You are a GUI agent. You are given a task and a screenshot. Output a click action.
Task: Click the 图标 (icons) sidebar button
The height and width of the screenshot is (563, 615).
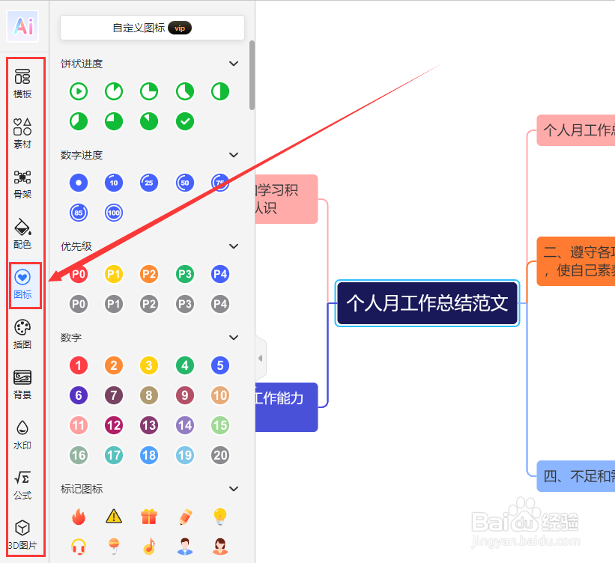coord(22,283)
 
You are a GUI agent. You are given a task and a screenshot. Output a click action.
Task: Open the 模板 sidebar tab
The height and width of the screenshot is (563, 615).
coord(22,82)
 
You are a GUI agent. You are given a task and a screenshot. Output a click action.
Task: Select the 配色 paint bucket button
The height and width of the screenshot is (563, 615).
coord(22,233)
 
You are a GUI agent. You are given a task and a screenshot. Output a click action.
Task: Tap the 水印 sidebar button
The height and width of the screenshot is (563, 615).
coord(22,433)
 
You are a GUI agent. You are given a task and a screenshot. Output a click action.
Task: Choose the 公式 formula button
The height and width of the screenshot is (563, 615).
coord(22,484)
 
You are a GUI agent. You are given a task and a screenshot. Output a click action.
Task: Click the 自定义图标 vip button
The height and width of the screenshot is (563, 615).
coord(152,28)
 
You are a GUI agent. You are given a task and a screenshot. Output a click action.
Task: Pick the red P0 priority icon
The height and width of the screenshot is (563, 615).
coord(79,274)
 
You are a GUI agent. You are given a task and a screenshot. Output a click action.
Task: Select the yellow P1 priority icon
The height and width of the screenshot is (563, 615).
coord(114,274)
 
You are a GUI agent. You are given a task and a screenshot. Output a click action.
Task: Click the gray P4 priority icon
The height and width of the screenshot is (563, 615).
coord(220,304)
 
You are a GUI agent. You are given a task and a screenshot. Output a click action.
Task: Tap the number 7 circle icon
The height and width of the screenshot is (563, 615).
coord(114,395)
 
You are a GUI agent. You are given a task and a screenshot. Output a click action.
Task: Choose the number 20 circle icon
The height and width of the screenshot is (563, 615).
coord(220,454)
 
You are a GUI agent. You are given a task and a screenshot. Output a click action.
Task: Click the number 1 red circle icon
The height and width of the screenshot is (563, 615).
coord(79,365)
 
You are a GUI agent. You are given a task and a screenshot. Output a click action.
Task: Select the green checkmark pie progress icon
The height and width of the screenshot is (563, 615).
coord(185,121)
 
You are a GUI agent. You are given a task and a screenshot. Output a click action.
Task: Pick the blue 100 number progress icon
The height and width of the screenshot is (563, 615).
coord(114,213)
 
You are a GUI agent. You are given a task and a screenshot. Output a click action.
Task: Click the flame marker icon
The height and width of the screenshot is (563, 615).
coord(79,516)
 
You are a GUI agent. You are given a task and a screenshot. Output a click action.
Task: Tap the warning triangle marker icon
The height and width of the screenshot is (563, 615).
coord(114,516)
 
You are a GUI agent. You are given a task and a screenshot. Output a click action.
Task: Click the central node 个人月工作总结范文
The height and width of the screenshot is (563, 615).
coord(427,303)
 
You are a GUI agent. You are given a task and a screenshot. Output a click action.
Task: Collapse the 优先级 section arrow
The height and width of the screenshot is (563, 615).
coord(234,246)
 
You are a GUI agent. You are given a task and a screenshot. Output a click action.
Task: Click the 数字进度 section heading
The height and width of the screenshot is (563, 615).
coord(82,155)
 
